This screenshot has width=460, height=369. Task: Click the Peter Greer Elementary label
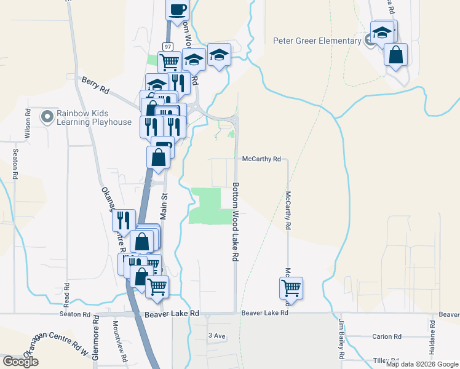point(317,41)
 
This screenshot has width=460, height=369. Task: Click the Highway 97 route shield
point(167,47)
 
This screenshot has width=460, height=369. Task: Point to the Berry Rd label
point(95,85)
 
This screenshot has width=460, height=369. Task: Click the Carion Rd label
point(387,337)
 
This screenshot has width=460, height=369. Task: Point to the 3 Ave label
point(217,335)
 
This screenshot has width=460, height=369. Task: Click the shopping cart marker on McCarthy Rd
point(291,287)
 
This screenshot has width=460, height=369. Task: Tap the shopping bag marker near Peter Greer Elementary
point(395,55)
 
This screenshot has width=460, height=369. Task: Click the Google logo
point(20,362)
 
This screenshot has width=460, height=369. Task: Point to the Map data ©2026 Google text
point(421,364)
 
